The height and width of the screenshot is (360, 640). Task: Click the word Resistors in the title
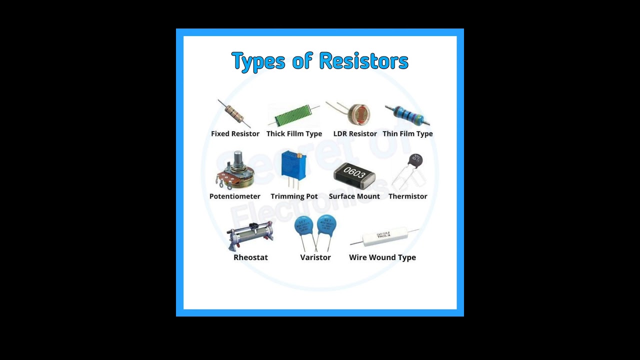click(363, 61)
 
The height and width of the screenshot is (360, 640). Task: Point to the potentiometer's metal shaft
click(237, 159)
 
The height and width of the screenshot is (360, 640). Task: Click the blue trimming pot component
click(293, 165)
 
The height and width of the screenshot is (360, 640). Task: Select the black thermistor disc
click(415, 160)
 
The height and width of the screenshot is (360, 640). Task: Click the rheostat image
click(250, 235)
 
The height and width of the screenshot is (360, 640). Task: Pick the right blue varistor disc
click(327, 225)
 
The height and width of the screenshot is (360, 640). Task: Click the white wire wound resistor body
click(384, 236)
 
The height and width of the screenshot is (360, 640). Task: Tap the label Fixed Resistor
click(235, 133)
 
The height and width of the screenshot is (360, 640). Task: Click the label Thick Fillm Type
click(294, 133)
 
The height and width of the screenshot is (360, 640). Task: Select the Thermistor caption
click(407, 196)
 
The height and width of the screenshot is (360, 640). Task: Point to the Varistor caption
click(315, 257)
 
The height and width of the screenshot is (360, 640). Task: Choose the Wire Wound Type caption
click(382, 257)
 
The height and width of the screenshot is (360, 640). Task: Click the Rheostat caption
click(250, 257)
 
